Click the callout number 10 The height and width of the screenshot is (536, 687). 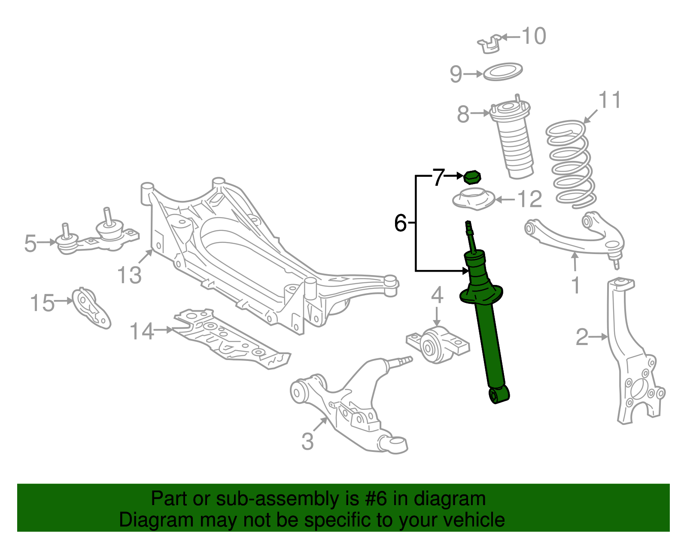[534, 36]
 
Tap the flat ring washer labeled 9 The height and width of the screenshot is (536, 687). [503, 72]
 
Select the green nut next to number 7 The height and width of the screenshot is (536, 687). [472, 177]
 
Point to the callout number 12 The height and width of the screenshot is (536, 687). [530, 200]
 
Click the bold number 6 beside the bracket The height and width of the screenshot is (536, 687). [400, 223]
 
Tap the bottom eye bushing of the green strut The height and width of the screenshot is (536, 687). [499, 394]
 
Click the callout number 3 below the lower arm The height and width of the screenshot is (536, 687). [307, 442]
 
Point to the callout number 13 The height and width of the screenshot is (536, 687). [129, 275]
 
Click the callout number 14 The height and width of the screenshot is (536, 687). [142, 331]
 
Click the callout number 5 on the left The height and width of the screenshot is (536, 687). [30, 243]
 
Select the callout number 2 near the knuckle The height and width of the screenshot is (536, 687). [582, 337]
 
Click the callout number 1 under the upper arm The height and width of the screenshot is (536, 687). [576, 285]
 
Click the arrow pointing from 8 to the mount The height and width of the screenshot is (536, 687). [480, 114]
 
